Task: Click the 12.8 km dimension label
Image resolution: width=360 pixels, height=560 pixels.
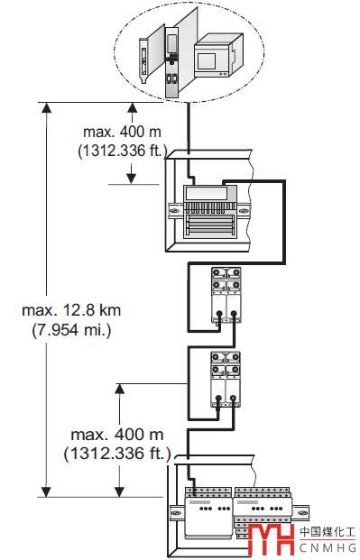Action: (71, 310)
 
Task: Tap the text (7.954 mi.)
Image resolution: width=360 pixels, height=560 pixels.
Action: (71, 330)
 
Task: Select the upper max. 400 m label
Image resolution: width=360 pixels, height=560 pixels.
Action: (123, 133)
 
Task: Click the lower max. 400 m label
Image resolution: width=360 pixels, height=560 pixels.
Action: (117, 435)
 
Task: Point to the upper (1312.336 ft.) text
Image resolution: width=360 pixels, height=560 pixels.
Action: (123, 151)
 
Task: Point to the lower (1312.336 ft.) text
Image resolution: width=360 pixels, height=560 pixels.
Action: (117, 454)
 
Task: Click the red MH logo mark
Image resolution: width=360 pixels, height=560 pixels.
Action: (271, 539)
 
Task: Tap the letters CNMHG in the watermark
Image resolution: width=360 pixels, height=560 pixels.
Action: (328, 547)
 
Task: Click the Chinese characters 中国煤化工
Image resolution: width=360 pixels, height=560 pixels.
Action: (328, 532)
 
